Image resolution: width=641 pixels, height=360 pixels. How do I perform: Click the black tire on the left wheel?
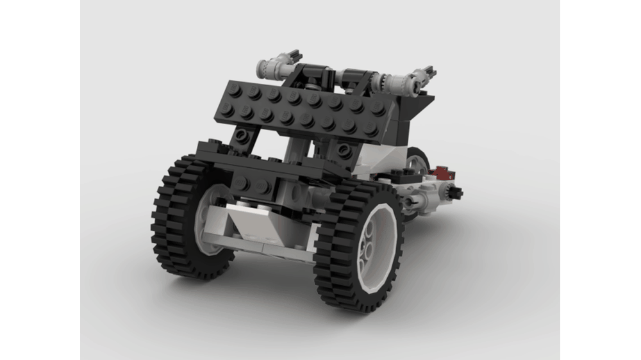[x=168, y=211]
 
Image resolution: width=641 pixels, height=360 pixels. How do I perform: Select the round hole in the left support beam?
[x=243, y=136]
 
